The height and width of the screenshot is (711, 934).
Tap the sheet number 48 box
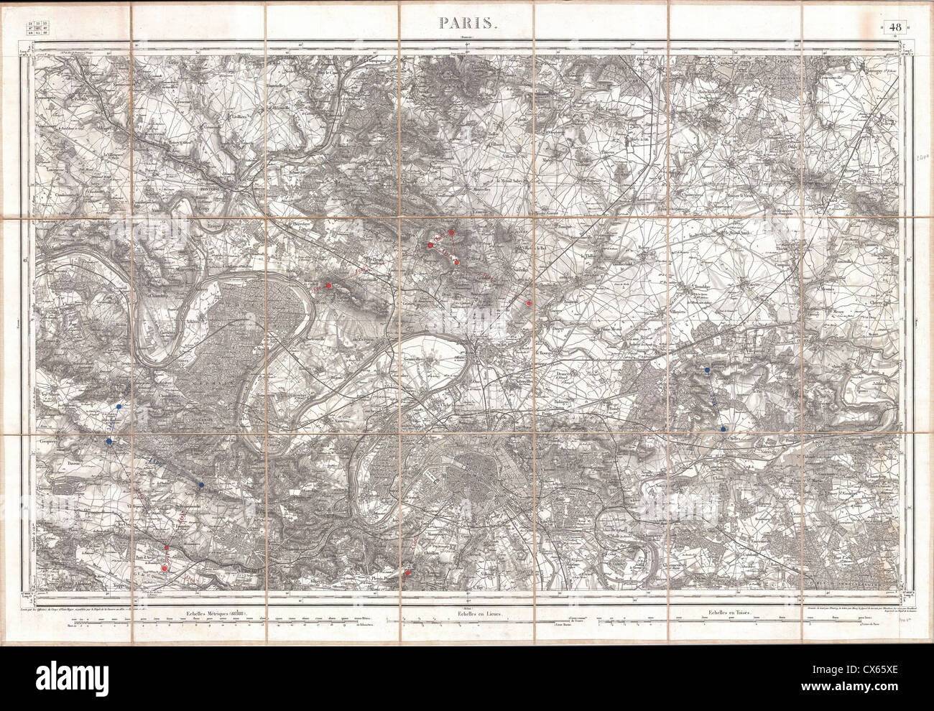pos(895,28)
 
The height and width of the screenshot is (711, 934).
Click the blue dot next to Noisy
pos(201,486)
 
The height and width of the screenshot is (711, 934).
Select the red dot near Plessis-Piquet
pos(407,572)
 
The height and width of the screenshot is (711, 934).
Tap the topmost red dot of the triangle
pos(451,232)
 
